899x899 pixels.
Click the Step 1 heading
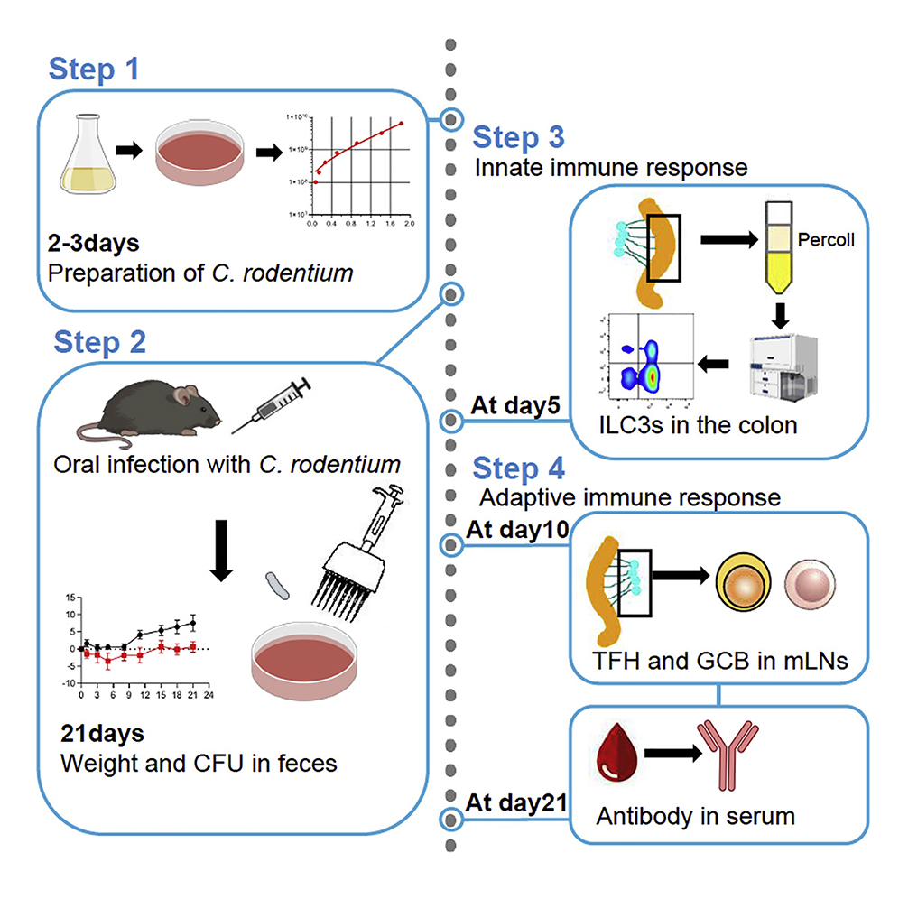tap(94, 70)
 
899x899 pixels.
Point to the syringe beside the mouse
tap(271, 405)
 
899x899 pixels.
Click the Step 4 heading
tap(519, 469)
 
